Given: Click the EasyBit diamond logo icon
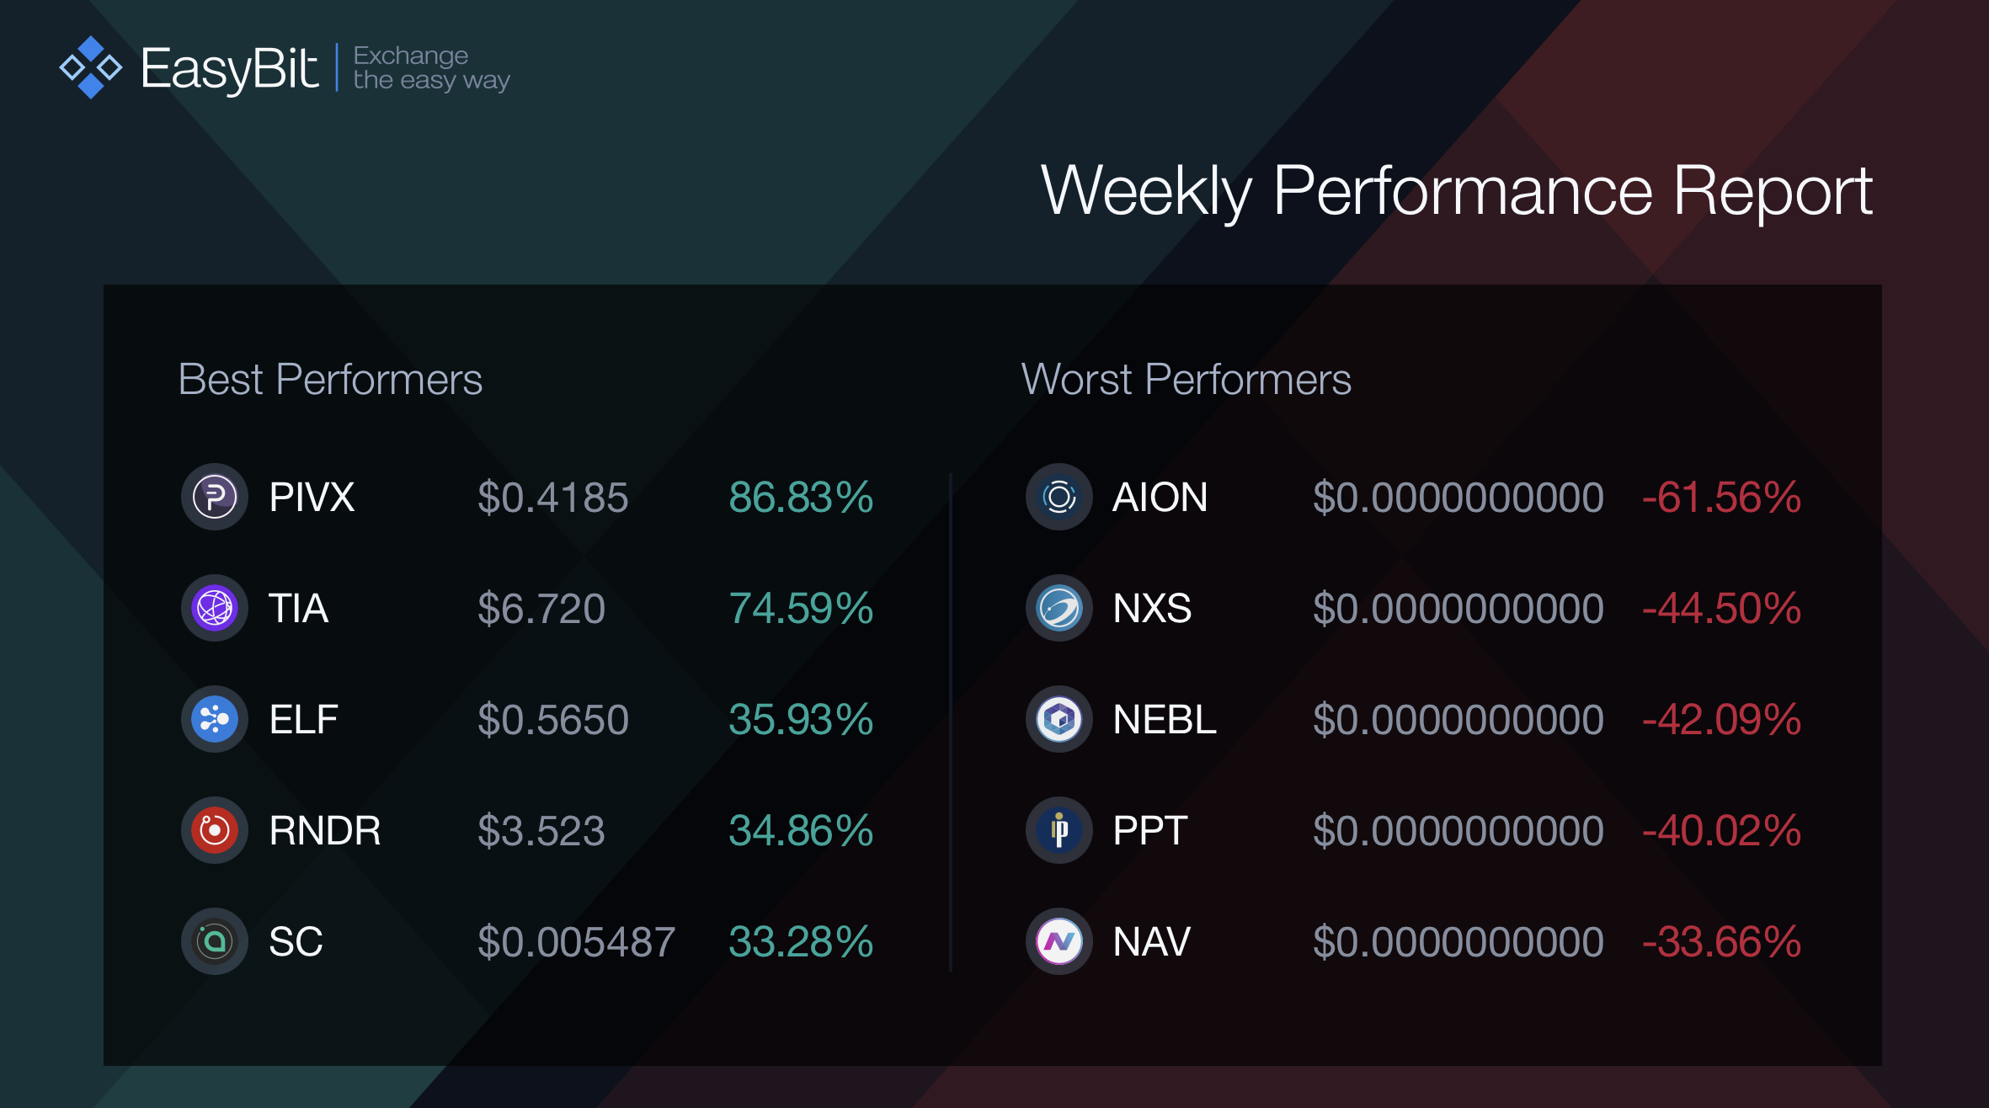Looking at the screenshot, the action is (x=91, y=67).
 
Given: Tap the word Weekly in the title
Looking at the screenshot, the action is (x=1147, y=192).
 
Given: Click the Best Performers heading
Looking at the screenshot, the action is (x=330, y=379).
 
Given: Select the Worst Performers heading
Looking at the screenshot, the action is (x=1186, y=379).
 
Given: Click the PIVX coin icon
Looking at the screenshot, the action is (x=215, y=497).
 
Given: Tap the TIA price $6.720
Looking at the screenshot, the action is (x=541, y=608).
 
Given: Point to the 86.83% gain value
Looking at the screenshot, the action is (x=801, y=497).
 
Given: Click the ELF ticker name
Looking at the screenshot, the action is (x=303, y=719).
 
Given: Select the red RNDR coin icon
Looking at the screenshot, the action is (x=215, y=830).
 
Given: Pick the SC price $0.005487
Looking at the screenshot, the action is (x=576, y=941).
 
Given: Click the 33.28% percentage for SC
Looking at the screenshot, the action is (x=801, y=941).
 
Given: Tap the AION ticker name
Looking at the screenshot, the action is (x=1160, y=497).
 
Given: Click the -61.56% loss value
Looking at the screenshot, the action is (x=1721, y=497).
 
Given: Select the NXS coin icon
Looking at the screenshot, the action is (x=1059, y=608).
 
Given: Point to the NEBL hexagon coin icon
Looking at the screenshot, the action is (x=1059, y=719).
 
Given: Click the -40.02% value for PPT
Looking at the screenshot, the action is (x=1721, y=830).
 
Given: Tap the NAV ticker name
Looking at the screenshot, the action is (x=1151, y=941).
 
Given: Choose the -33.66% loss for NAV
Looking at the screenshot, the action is (x=1721, y=941).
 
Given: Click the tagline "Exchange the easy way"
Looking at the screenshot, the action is (x=431, y=67).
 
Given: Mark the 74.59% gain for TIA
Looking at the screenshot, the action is (x=801, y=608).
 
